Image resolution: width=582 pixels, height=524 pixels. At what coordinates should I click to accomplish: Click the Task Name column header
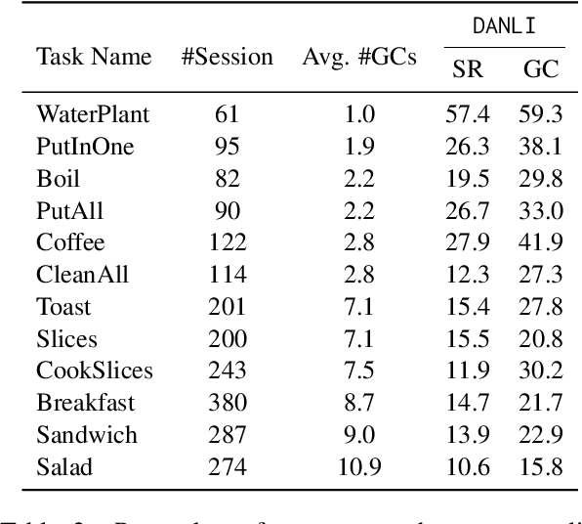pyautogui.click(x=95, y=57)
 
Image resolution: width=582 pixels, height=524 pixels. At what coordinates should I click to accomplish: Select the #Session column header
pyautogui.click(x=228, y=57)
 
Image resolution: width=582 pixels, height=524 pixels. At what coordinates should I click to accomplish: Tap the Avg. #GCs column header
pyautogui.click(x=359, y=57)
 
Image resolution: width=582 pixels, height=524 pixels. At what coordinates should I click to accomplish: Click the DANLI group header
pyautogui.click(x=503, y=27)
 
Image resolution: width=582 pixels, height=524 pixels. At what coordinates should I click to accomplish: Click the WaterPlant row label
pyautogui.click(x=93, y=114)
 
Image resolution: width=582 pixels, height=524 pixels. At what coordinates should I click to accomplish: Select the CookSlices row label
pyautogui.click(x=95, y=371)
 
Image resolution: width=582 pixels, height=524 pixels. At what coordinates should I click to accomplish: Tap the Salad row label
pyautogui.click(x=65, y=466)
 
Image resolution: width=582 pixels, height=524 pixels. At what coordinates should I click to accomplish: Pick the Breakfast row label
pyautogui.click(x=86, y=403)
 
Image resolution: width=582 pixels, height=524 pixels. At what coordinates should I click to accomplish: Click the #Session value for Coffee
pyautogui.click(x=228, y=242)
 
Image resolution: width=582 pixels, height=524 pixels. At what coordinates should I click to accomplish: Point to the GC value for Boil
pyautogui.click(x=541, y=179)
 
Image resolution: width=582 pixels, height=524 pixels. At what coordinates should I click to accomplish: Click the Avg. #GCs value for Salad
pyautogui.click(x=359, y=466)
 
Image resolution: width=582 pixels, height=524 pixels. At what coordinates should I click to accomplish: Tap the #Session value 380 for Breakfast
pyautogui.click(x=228, y=403)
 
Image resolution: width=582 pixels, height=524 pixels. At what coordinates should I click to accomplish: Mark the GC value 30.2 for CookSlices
pyautogui.click(x=541, y=371)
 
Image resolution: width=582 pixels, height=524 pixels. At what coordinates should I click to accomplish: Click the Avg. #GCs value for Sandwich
pyautogui.click(x=359, y=435)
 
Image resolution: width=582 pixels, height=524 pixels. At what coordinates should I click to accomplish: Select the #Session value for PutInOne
pyautogui.click(x=228, y=147)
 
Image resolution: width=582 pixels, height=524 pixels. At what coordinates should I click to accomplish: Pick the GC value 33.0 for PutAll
pyautogui.click(x=541, y=210)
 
